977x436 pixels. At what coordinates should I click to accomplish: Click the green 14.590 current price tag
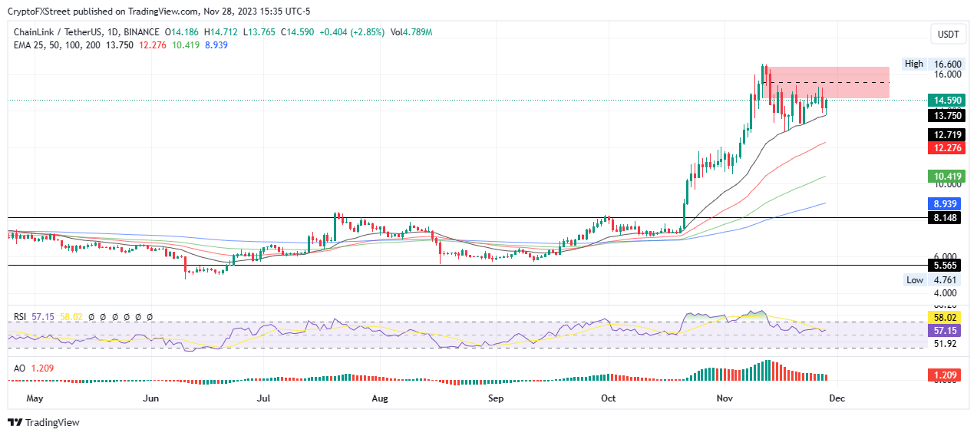944,101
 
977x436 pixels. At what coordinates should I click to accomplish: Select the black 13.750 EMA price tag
944,116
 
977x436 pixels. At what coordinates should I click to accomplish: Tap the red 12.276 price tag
944,147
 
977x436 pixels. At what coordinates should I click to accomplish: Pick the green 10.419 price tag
944,177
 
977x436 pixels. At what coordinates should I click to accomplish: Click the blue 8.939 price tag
944,204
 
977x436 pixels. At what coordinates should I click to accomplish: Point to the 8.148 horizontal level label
944,218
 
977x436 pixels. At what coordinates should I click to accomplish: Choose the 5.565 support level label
944,266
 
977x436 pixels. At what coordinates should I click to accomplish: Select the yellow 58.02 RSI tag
944,317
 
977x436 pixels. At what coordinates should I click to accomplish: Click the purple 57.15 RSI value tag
944,330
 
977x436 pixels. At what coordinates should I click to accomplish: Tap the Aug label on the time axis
379,398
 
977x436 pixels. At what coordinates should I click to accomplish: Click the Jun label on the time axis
150,398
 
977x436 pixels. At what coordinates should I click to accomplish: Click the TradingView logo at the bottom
44,422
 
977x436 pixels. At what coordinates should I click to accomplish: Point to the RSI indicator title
21,317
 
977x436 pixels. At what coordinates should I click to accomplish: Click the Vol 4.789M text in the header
412,32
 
